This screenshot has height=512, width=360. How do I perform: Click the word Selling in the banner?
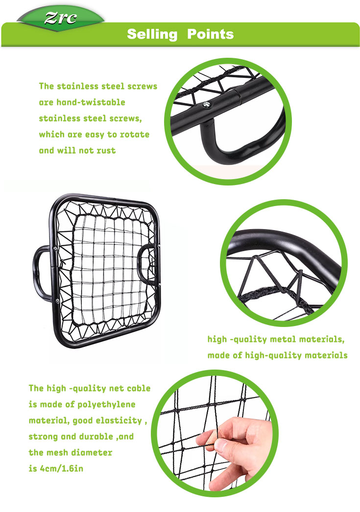point(152,34)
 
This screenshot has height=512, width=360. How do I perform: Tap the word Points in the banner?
point(211,34)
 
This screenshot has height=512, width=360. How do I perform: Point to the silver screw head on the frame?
point(206,104)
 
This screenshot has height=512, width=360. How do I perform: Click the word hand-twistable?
point(91,102)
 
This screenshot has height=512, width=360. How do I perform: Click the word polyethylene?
point(106,405)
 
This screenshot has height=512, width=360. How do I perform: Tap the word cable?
point(139,388)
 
